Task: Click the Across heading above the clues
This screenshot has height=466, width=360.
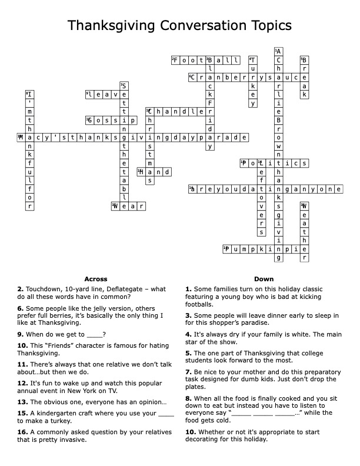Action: tap(96, 278)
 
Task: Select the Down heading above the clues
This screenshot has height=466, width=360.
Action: tap(264, 278)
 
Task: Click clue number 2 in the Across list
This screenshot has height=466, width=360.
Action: tap(20, 289)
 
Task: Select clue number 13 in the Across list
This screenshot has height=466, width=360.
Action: tap(22, 402)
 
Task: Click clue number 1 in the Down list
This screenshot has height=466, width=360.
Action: tap(188, 289)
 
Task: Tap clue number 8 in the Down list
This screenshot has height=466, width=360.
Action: tap(188, 399)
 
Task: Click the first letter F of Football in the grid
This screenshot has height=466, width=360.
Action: tap(175, 60)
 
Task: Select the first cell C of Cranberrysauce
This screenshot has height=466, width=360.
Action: tap(192, 77)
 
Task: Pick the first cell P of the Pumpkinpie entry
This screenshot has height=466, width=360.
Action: tap(226, 249)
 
